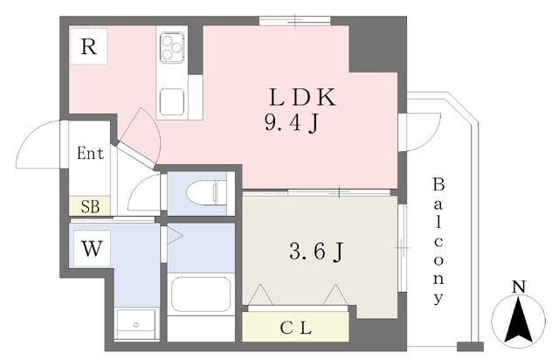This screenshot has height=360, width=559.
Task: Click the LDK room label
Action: coord(302,97)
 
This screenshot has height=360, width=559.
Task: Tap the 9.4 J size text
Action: coord(291,123)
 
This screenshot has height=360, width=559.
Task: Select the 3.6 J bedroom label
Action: coord(316,252)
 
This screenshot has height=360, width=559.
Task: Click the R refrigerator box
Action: coord(89,46)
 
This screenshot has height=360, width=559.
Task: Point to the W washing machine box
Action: coord(92,248)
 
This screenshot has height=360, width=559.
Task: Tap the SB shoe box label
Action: coord(90,206)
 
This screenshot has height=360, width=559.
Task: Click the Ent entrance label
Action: coord(90,154)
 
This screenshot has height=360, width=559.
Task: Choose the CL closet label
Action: coord(296,329)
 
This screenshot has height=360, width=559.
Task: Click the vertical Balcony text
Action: coord(438,241)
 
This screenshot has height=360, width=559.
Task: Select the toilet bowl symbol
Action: coord(206,193)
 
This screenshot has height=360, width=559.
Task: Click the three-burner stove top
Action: coord(172,47)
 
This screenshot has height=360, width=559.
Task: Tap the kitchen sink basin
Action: coord(172,101)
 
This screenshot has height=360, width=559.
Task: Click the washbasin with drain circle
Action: coord(136,324)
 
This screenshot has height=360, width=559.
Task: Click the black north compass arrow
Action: coord(519,320)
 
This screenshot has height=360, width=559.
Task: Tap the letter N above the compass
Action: coord(520,287)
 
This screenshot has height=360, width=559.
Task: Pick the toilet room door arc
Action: coord(137,187)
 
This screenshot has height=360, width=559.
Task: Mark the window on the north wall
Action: coord(295,21)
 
